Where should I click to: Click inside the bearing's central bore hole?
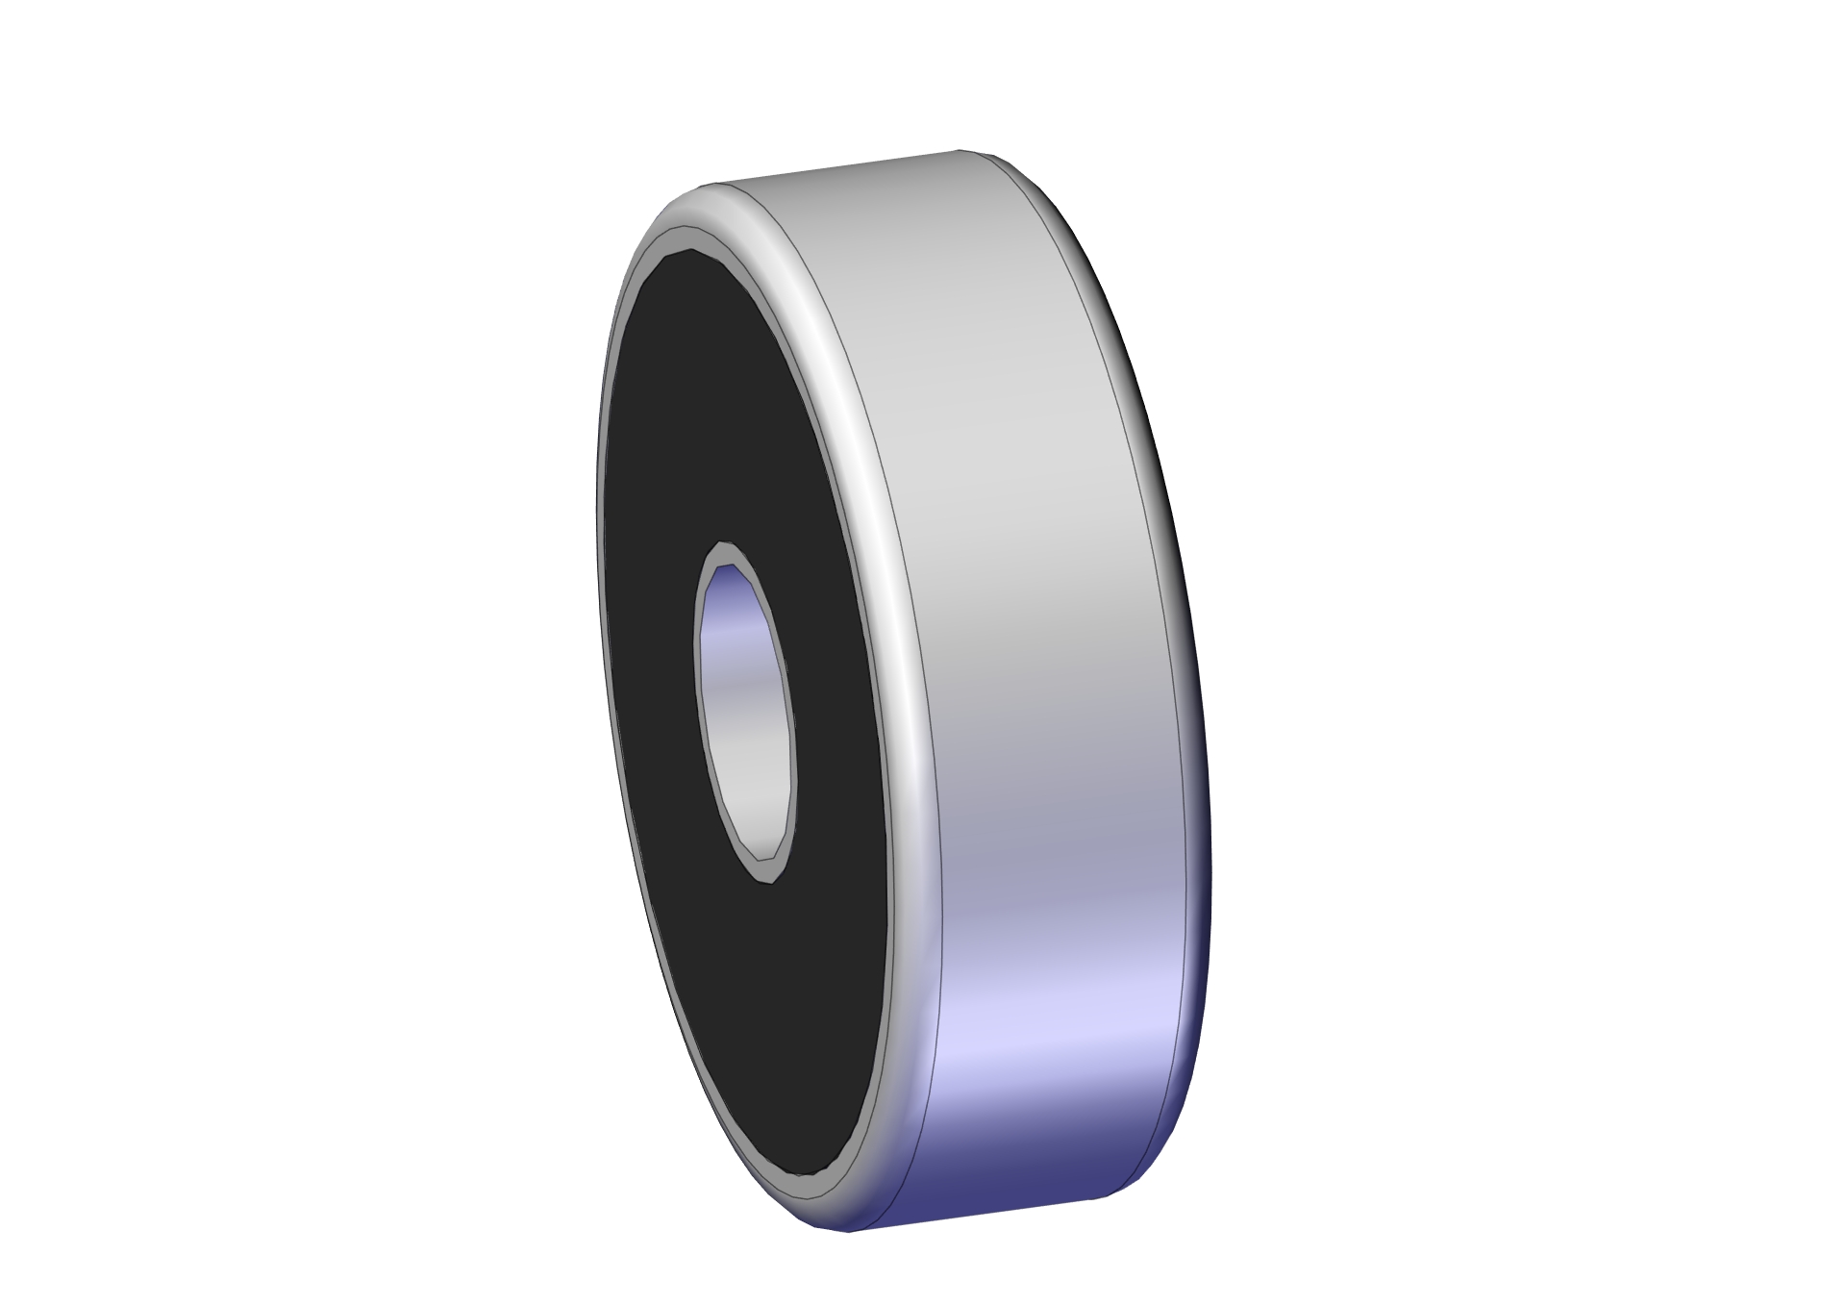tap(745, 712)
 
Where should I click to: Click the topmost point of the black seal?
tap(690, 252)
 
